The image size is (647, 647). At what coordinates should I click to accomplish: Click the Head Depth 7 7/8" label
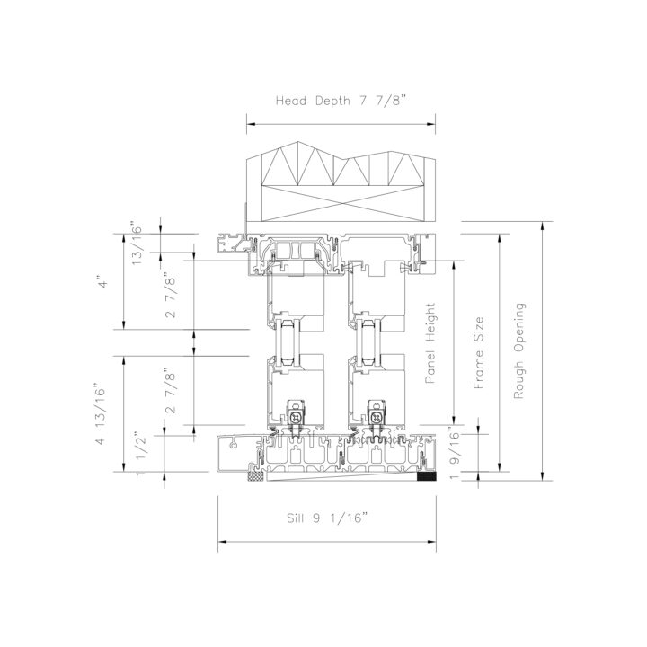coord(341,101)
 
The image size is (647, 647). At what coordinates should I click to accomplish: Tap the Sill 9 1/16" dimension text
coord(327,518)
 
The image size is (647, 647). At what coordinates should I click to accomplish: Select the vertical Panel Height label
coord(430,343)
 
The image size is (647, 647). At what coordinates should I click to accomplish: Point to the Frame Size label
coord(478,353)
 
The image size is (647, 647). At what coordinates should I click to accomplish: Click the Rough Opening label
coord(519,350)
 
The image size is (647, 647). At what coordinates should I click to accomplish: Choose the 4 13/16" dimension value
coord(101,416)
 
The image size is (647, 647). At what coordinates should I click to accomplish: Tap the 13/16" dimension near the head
coord(137,245)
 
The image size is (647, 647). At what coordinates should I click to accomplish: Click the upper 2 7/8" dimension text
coord(170,295)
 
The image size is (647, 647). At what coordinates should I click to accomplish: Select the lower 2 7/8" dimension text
coord(170,390)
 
